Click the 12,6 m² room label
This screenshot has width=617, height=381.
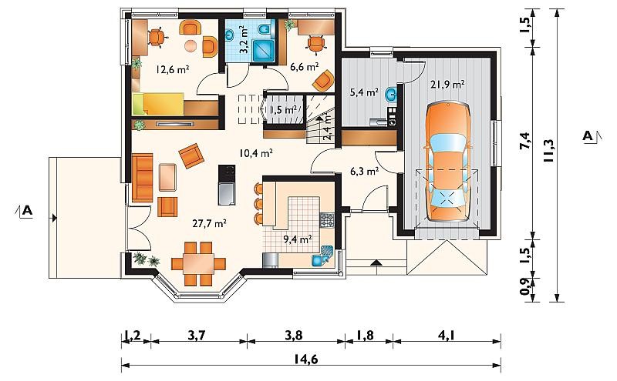pos(173,69)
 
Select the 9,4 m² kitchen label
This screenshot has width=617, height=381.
pos(298,239)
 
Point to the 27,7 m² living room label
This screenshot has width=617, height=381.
pos(209,223)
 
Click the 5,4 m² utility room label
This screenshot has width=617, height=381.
pos(364,92)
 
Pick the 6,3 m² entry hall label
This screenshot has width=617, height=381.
pos(364,171)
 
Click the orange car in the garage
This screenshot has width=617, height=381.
pos(447,162)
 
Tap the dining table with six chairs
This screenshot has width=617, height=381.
pos(199,263)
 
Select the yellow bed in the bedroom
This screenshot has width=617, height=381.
pos(159,104)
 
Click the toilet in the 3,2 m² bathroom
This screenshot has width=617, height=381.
pos(265,30)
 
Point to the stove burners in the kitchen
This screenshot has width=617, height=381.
pos(326,220)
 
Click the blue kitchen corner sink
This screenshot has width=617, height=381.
pos(322,256)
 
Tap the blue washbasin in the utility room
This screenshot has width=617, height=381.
pos(391,94)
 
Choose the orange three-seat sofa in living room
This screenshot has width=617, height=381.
pos(142,172)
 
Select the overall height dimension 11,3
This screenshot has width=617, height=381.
pos(548,151)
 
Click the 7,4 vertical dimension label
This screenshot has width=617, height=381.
pos(525,142)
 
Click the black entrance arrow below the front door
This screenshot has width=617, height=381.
pos(376,262)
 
